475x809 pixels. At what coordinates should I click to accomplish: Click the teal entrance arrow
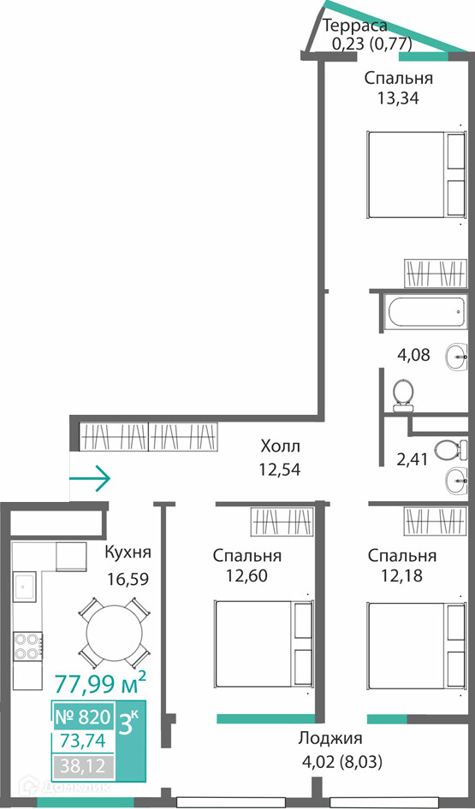(x=90, y=478)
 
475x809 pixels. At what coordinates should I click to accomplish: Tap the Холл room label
(x=280, y=446)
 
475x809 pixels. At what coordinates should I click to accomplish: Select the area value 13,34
(x=398, y=97)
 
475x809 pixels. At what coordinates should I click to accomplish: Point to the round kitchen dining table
(x=114, y=633)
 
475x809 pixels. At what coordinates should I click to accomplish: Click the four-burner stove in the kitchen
(x=28, y=646)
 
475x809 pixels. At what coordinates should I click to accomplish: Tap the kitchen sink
(x=25, y=587)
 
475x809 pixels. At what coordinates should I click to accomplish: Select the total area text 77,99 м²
(x=100, y=685)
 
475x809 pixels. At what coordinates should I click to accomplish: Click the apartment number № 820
(x=83, y=717)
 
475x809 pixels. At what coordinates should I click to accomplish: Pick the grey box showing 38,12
(x=83, y=766)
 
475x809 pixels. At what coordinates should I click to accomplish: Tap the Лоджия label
(x=330, y=739)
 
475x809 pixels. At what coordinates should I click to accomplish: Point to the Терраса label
(x=354, y=25)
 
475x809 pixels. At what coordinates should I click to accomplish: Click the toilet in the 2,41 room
(x=446, y=451)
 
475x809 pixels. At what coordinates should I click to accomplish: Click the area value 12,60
(x=246, y=575)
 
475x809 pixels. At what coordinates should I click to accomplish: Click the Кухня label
(x=128, y=552)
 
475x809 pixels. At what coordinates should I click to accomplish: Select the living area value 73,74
(x=83, y=741)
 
